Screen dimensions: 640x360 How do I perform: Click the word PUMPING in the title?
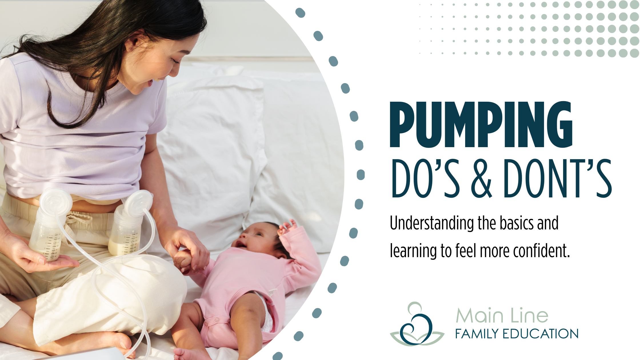[481, 125]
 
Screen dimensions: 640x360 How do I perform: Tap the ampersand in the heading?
[481, 178]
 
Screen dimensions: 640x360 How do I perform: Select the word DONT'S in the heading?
[557, 178]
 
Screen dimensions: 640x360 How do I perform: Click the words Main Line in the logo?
[502, 315]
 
